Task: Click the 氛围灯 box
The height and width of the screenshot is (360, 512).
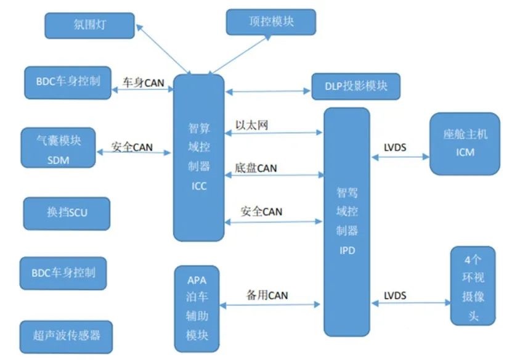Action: (x=90, y=25)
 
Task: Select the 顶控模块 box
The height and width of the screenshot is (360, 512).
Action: (x=271, y=22)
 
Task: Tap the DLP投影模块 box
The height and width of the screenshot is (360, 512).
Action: (x=356, y=86)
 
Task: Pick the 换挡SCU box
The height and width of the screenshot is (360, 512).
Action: (x=66, y=213)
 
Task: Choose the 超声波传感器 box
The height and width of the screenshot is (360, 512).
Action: (x=67, y=336)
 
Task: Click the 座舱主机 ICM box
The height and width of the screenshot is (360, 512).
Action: (x=465, y=143)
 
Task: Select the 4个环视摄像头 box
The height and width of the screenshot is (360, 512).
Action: (x=473, y=285)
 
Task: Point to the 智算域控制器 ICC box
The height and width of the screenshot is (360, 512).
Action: (x=198, y=157)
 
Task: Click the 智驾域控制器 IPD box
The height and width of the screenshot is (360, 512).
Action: (x=347, y=221)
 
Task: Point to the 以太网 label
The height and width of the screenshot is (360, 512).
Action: (x=251, y=125)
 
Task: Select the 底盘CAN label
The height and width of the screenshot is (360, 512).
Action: (x=256, y=168)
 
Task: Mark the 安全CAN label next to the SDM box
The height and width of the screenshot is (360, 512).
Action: (x=132, y=147)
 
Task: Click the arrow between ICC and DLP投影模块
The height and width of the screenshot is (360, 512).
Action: (x=267, y=92)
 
